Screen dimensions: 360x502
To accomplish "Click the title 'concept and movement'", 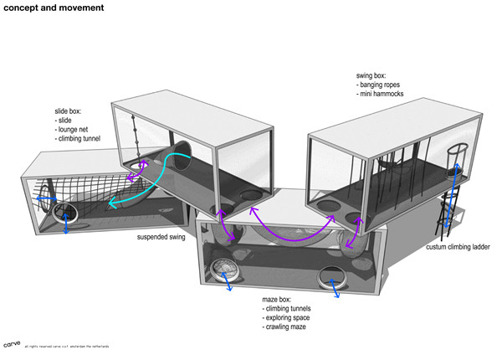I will pos(42,9).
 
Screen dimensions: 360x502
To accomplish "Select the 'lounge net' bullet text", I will pos(73,130).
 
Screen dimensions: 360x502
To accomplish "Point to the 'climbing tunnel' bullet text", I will pos(79,140).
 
